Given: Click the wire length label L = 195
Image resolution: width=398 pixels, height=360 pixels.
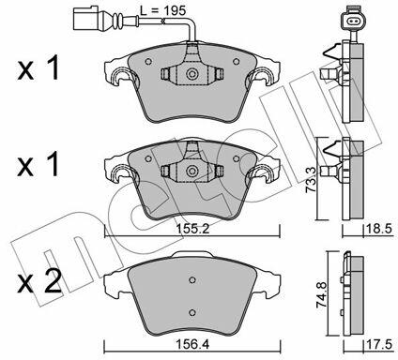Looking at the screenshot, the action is pos(162,11).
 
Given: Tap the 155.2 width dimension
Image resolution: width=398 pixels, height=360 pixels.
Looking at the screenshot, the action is pos(192,230).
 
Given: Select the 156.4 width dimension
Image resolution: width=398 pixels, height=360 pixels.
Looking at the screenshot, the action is pos(192,345).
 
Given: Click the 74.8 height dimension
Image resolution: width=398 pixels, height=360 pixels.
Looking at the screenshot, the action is pos(322,295).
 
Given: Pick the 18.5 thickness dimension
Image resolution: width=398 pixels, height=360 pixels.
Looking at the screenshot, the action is pos(379,230).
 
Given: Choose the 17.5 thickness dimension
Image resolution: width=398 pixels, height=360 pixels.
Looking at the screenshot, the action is pos(379,345).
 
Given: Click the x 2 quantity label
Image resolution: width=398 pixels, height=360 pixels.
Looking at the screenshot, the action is pos(39,281).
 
